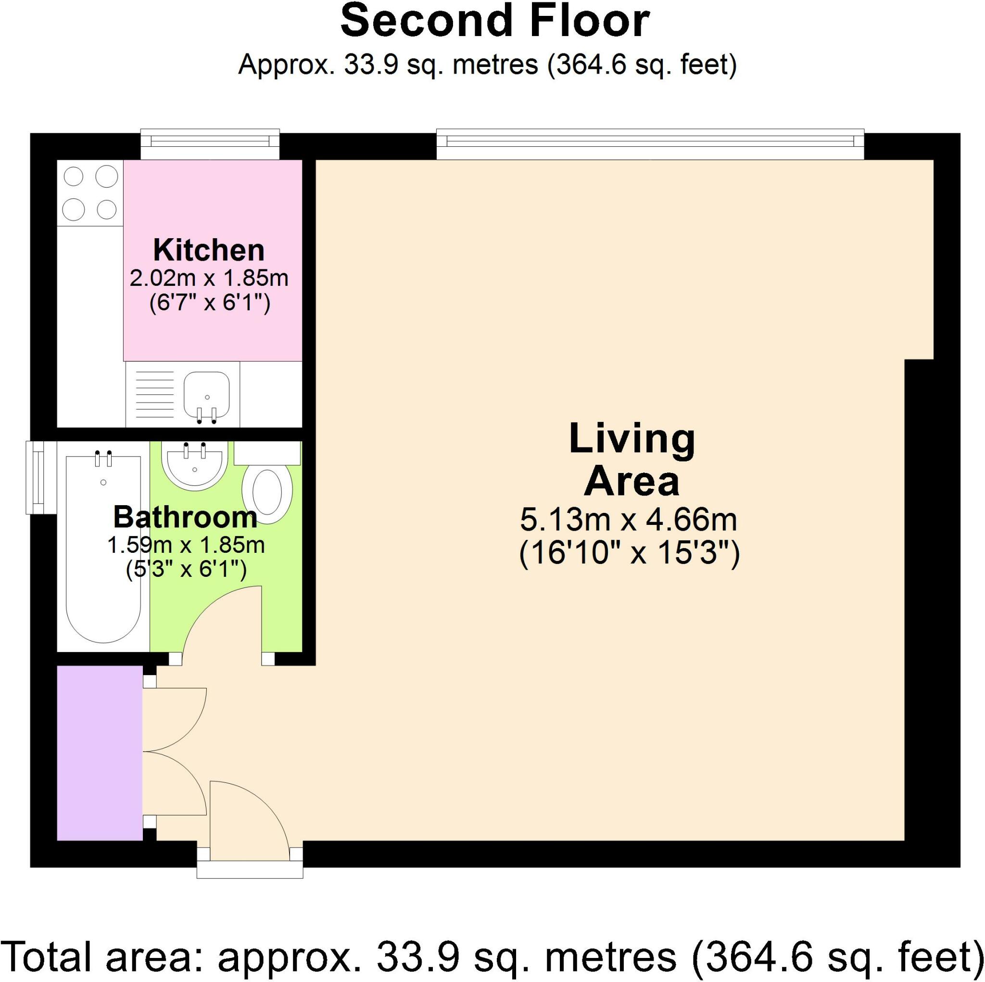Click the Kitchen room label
coord(209,251)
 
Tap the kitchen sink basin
coord(206,393)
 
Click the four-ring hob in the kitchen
coord(90,193)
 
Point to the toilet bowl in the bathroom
coord(267,493)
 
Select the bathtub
coord(103,548)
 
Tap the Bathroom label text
coord(185,517)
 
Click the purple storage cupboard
coord(99,760)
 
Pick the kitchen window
coord(210,144)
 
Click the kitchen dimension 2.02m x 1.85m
coord(209,279)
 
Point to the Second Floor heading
coord(494,22)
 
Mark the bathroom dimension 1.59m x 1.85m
coord(186,545)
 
